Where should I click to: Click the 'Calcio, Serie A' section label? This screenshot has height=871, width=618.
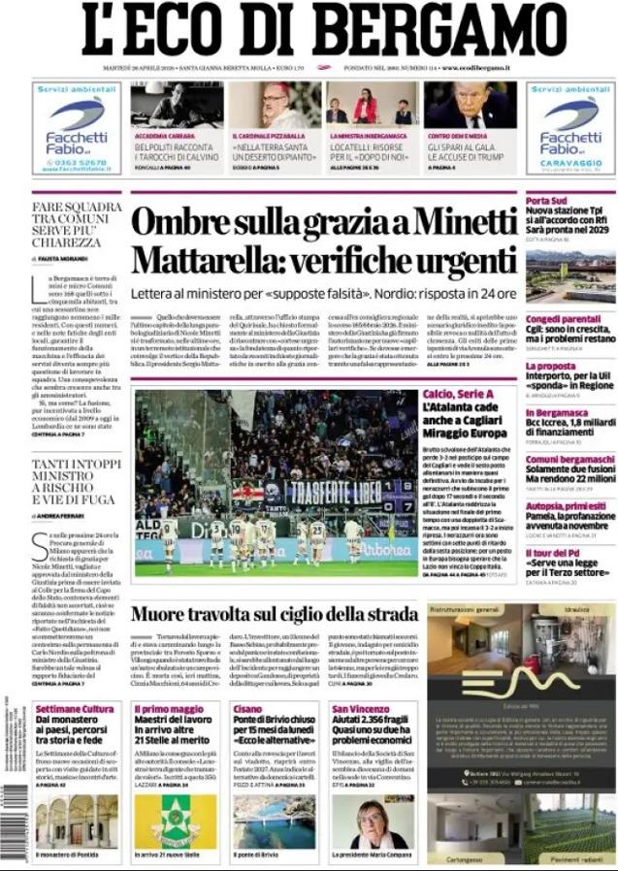(x=458, y=394)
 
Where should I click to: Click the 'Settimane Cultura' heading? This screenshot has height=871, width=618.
(x=75, y=709)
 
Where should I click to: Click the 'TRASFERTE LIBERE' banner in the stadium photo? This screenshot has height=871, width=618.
(x=335, y=491)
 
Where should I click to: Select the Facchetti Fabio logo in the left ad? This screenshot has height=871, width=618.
(x=77, y=127)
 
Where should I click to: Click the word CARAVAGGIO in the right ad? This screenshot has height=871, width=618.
(x=569, y=162)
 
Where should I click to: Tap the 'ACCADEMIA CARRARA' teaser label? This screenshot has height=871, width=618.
(x=162, y=136)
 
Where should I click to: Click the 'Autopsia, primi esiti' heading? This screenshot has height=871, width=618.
(x=566, y=505)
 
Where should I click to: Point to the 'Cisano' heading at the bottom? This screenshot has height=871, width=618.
(x=248, y=709)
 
